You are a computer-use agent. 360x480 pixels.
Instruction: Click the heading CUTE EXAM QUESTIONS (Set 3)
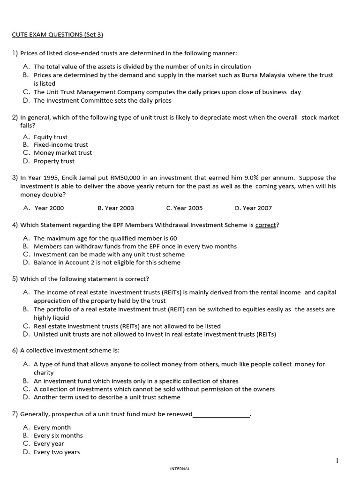pyautogui.click(x=57, y=35)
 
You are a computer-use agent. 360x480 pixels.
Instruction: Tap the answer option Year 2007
pyautogui.click(x=253, y=208)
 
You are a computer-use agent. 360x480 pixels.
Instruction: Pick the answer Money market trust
pyautogui.click(x=63, y=153)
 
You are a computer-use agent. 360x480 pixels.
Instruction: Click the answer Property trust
pyautogui.click(x=54, y=161)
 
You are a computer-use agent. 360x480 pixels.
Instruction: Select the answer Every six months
pyautogui.click(x=58, y=435)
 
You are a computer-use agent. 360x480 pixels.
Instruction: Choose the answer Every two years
pyautogui.click(x=57, y=452)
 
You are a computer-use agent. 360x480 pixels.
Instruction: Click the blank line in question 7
pyautogui.click(x=221, y=414)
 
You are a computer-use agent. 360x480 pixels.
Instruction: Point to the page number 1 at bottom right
pyautogui.click(x=337, y=461)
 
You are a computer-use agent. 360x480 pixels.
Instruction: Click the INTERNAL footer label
pyautogui.click(x=180, y=469)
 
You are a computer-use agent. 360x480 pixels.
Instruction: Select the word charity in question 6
pyautogui.click(x=44, y=373)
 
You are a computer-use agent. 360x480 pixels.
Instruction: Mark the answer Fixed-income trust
pyautogui.click(x=60, y=145)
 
